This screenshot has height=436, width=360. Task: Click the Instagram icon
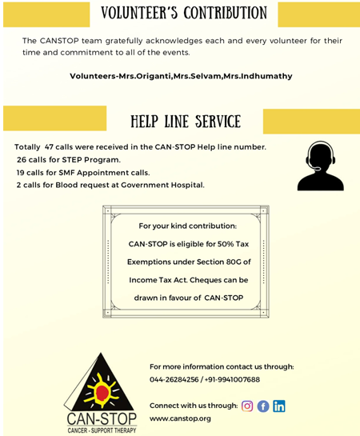[x=247, y=406]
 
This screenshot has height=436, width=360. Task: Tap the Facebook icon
[x=263, y=406]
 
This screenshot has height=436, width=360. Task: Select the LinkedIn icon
[x=279, y=406]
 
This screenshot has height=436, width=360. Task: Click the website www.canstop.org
[x=180, y=418]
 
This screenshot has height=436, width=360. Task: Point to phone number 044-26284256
[x=174, y=379]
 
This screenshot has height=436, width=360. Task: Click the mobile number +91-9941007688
[x=233, y=379]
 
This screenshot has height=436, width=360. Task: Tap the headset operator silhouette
[x=321, y=166]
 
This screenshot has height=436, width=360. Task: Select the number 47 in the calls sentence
[x=49, y=147]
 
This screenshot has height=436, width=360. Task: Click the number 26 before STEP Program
[x=22, y=160]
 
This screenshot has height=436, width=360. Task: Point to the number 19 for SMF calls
[x=20, y=173]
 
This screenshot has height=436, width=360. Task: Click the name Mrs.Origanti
[x=145, y=76]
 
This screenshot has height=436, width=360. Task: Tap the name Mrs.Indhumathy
[x=258, y=76]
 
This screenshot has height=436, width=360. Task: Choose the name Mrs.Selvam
[x=197, y=76]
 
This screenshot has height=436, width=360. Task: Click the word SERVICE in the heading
[x=218, y=122]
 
